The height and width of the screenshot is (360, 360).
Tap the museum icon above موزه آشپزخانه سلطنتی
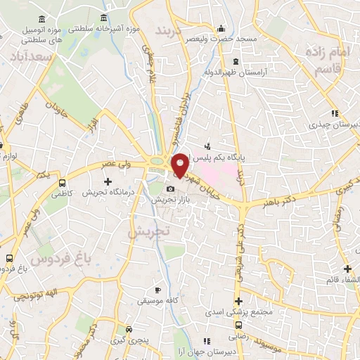click(x=104, y=18)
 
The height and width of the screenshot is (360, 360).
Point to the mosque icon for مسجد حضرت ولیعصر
click(x=222, y=29)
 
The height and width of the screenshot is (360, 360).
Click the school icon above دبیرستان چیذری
click(x=335, y=113)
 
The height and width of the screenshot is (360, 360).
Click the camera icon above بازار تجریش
click(x=170, y=189)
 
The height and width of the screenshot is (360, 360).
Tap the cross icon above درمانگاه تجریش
click(x=107, y=182)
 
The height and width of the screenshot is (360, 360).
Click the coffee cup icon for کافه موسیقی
click(x=158, y=290)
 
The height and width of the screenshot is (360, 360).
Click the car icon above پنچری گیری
click(x=129, y=329)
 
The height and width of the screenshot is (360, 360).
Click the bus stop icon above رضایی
click(x=239, y=325)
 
